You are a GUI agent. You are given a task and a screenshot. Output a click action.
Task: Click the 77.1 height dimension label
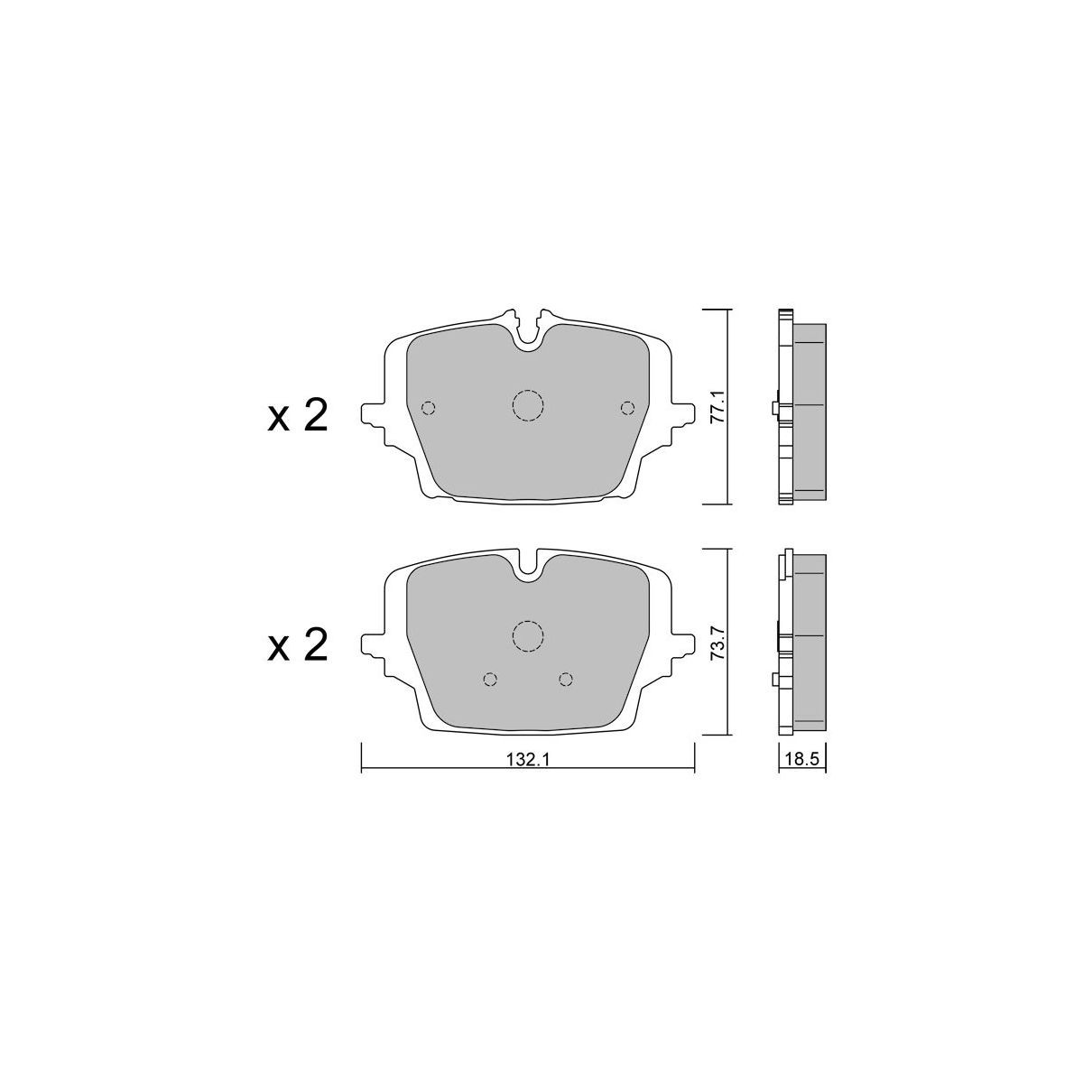tap(721, 408)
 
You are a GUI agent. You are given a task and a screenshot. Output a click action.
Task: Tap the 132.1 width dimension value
tap(527, 761)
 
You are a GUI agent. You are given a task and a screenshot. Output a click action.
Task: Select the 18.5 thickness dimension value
tap(802, 760)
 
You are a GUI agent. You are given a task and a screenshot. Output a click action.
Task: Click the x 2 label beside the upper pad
tap(297, 417)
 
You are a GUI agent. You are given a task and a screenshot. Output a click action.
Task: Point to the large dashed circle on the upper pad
tap(528, 405)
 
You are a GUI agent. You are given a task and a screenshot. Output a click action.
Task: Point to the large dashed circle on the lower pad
tap(528, 636)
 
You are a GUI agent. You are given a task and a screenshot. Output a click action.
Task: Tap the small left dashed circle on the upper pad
tap(429, 407)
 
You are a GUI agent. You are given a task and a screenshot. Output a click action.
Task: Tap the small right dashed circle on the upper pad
tap(627, 407)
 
